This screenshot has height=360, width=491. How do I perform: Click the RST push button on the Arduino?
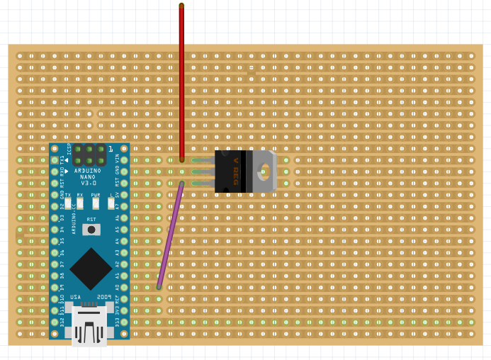91,229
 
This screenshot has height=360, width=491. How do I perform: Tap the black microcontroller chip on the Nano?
90,267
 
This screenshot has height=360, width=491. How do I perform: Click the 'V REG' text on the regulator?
237,171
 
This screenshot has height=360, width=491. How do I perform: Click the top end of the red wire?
181,6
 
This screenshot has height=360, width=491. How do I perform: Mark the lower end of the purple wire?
159,287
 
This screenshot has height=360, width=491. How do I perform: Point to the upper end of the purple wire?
181,184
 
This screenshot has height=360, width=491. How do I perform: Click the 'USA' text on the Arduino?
75,298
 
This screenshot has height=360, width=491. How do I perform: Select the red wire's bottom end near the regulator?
181,160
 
